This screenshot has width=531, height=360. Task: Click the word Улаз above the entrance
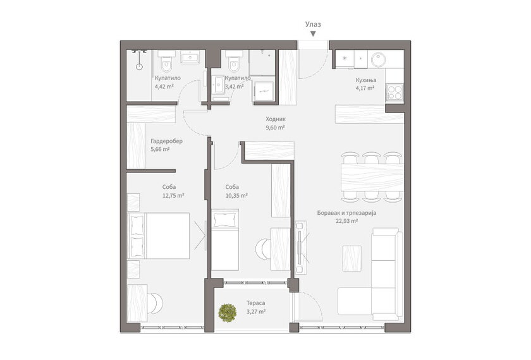pos(313,25)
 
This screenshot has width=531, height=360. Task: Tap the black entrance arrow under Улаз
pos(314,34)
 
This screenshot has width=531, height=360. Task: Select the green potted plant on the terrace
pos(227,313)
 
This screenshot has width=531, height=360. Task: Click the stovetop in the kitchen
pos(394,93)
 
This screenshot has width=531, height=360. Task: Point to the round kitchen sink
pos(378,60)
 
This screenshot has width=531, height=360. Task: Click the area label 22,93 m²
pos(347,221)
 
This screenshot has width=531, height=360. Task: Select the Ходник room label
pos(276,119)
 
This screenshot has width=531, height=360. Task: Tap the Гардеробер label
pos(167,141)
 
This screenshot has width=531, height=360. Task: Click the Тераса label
pos(255,303)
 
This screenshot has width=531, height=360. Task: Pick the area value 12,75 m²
pos(173,196)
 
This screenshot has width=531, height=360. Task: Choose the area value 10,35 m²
pos(236,196)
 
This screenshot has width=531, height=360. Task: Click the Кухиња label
pos(366,80)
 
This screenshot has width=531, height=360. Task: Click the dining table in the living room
pos(372,177)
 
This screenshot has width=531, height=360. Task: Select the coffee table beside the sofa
pos(352,258)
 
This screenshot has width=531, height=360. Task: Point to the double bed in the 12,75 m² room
pos(158,236)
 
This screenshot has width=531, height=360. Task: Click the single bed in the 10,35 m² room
pos(225,239)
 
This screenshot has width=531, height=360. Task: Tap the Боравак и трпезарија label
pos(347,213)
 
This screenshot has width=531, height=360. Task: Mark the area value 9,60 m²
pos(276,128)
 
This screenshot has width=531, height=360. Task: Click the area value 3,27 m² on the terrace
pos(256,311)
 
